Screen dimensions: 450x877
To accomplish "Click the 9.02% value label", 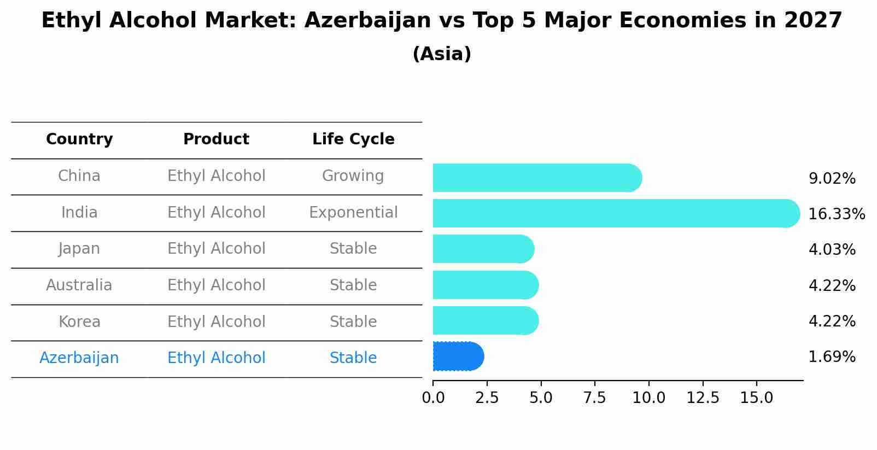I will coord(832,179).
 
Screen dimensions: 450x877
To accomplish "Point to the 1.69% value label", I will coord(832,357).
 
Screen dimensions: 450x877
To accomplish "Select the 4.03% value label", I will coord(832,250).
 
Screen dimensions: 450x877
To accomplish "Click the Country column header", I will coord(79,139).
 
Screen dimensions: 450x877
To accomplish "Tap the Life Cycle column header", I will coord(353,139).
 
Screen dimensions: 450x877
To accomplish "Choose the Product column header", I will coord(216,139).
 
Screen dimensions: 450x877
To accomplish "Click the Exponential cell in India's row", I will coord(353,213).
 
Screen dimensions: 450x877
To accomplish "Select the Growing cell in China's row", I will coord(353,176).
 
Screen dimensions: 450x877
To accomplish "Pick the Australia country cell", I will coord(79,285).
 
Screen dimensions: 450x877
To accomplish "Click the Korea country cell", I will coord(79,322).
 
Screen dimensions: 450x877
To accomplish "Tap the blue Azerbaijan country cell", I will coord(79,358).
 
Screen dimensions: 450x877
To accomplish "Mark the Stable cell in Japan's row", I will coord(353,249).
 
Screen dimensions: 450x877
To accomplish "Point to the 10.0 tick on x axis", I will coord(648,398).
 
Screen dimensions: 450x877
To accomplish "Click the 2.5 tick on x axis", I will coord(487,398).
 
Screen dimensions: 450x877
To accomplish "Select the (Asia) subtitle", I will coord(442,54).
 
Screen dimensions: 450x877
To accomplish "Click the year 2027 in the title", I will coord(813,21).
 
